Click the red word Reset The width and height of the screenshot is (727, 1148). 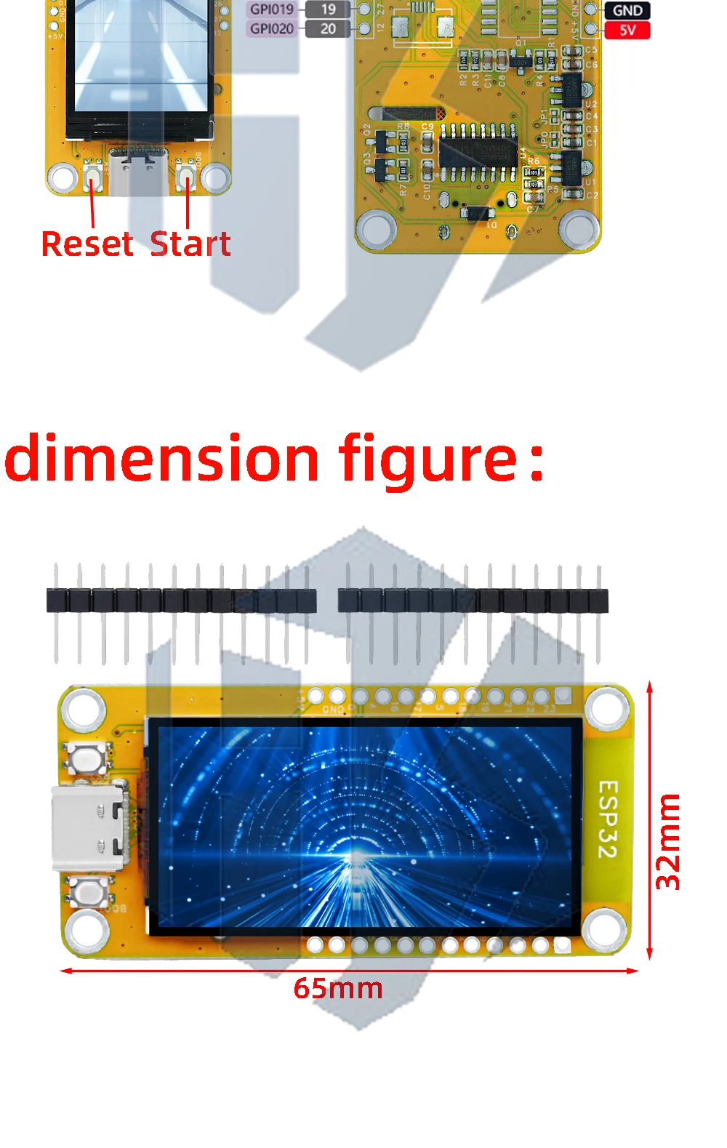(87, 244)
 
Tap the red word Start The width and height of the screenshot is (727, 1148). (190, 244)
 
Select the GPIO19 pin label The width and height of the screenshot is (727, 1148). (272, 9)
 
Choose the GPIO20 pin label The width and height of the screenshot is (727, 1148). (272, 29)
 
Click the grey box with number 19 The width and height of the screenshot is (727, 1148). (328, 9)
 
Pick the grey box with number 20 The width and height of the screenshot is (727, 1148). (328, 29)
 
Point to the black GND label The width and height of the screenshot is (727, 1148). (627, 10)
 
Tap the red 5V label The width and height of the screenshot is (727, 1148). (627, 31)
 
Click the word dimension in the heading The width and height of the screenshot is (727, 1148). (161, 459)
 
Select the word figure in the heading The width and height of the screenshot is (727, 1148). (427, 459)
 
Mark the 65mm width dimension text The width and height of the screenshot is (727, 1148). (338, 989)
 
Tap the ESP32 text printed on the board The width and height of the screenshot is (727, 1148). (608, 819)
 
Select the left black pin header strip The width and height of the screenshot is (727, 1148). (181, 601)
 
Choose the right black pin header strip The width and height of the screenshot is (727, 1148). (473, 601)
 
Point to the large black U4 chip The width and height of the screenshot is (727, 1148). (478, 152)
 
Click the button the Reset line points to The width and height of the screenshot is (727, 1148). (92, 176)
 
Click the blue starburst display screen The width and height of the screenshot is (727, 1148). (364, 827)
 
